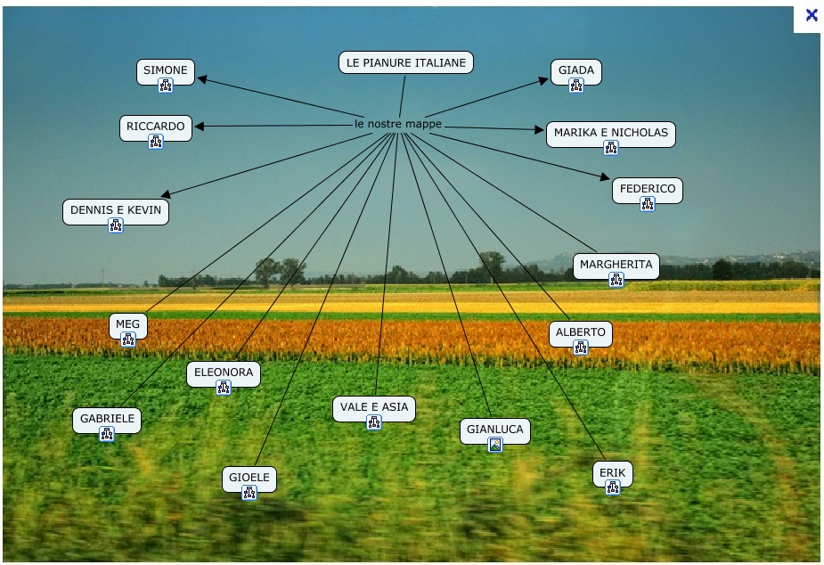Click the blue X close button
coord(811,14)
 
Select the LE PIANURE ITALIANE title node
coord(405,62)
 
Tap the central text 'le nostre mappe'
coord(397,124)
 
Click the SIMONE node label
coord(166,70)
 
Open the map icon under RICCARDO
coord(156,142)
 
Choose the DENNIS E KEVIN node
coord(116,210)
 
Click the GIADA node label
coord(575,70)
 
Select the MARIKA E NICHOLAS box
coord(610,133)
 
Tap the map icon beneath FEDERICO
coord(648,204)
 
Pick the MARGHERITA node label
coord(616,264)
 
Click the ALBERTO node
coord(580,332)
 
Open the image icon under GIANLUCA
coord(495,445)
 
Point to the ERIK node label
coord(612,472)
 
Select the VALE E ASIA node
coord(373,407)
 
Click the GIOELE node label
coord(249,477)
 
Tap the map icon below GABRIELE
coord(107,434)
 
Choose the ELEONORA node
coord(224,373)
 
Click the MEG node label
coord(127,324)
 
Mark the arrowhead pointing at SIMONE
coord(202,79)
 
